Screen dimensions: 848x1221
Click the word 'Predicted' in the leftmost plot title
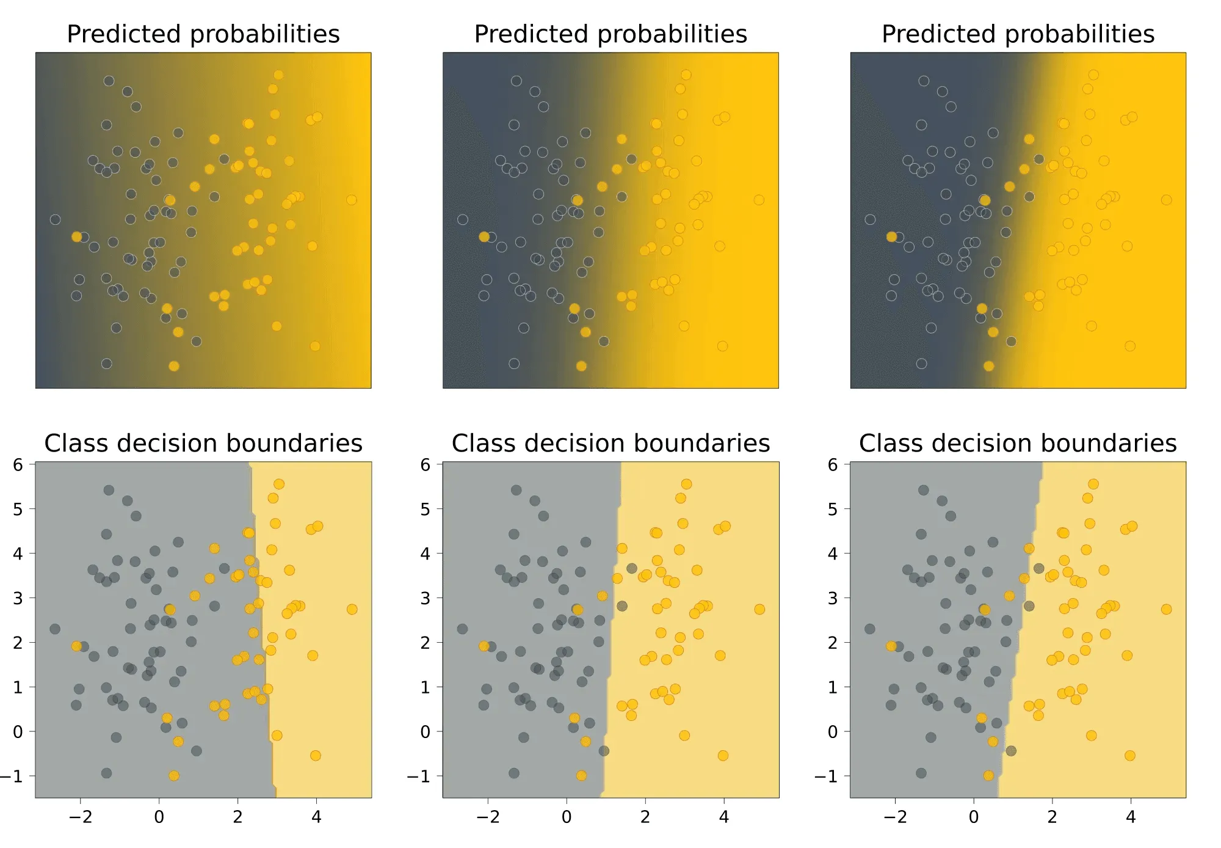coord(124,34)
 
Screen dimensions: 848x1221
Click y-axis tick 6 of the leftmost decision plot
coord(18,465)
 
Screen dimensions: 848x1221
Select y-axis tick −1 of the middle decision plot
coord(419,777)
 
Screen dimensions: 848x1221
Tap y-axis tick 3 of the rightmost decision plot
coord(833,598)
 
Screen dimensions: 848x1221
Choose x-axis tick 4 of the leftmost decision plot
coord(316,817)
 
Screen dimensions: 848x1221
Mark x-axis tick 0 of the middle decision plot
coord(567,817)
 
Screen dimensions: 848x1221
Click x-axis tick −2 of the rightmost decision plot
coord(895,817)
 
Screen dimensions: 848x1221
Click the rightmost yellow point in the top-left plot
coord(351,200)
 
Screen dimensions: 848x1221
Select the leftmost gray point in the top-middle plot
coord(462,219)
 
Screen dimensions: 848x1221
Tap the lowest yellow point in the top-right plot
coord(988,366)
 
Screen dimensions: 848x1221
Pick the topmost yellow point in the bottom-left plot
coord(278,484)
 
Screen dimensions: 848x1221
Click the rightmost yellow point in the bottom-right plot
coord(1166,609)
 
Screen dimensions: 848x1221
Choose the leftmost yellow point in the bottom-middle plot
coord(484,646)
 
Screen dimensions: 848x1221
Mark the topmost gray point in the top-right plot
coord(924,81)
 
